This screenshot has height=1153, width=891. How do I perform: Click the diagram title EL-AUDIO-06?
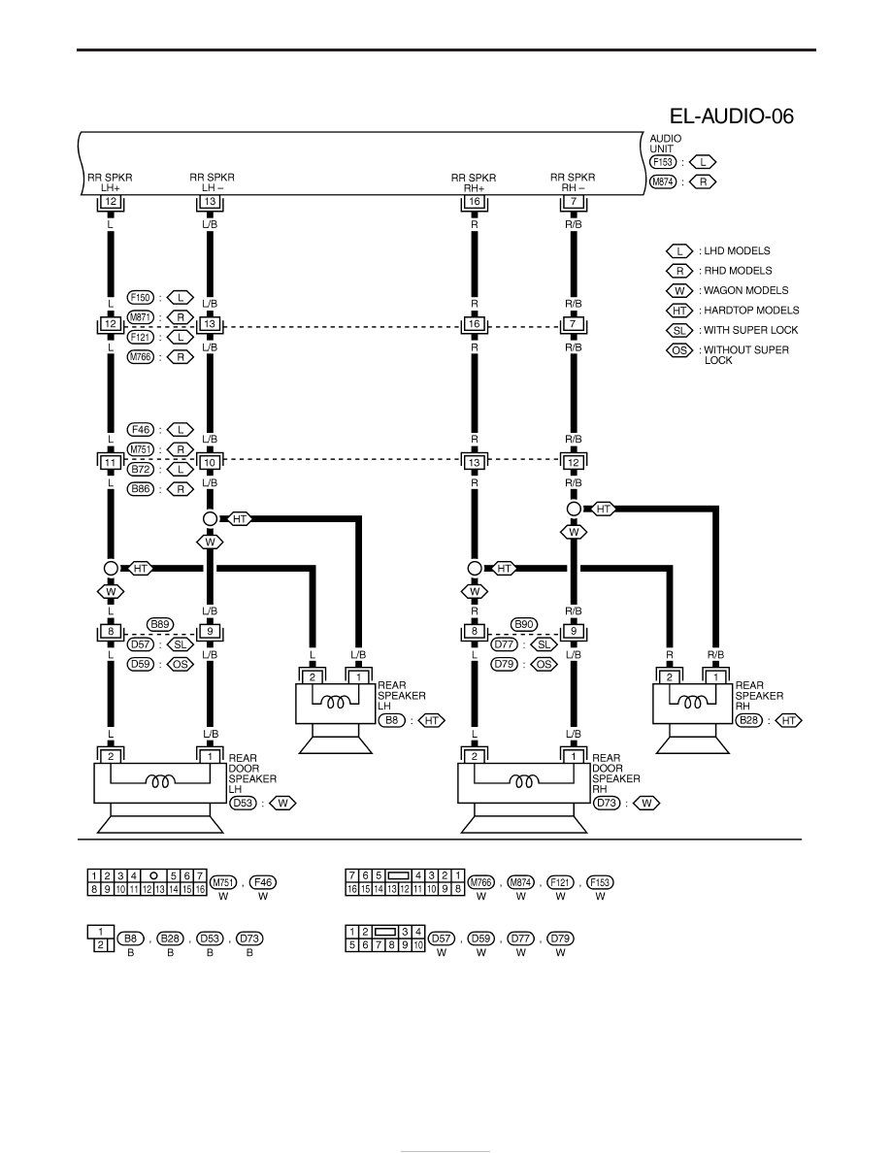pos(731,116)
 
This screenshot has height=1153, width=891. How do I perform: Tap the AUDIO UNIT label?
pos(665,144)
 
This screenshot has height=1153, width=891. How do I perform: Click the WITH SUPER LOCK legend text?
pos(750,330)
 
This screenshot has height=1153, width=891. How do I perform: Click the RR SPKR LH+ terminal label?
pos(111,182)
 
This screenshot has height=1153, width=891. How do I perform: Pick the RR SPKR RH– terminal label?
pos(573,182)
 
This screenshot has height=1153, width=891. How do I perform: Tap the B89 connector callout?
pos(159,624)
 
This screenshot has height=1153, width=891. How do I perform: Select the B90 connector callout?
pos(523,624)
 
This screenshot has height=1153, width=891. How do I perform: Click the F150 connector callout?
pos(141,298)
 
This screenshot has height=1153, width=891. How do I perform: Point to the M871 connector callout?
pos(141,317)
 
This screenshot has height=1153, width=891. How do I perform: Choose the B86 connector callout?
pos(141,489)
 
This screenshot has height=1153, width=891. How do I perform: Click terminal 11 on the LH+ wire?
pos(111,463)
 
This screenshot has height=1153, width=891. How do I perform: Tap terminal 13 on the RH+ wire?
pos(475,463)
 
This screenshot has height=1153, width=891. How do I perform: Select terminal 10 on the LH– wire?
pos(210,463)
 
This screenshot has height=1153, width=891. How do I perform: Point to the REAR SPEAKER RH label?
pos(759,696)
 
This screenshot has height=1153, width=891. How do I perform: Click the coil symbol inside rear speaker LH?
pos(335,703)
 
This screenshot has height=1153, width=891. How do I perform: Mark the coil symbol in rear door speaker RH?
pos(523,781)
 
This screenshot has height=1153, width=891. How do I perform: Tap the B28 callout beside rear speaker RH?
pos(749,720)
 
